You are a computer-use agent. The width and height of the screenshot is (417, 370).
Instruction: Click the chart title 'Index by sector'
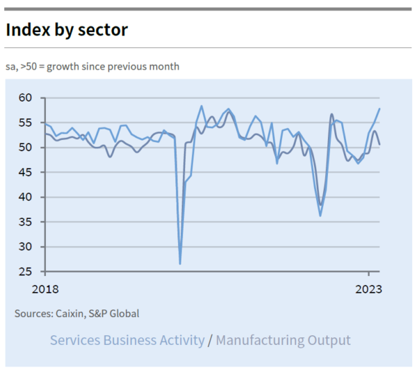(67, 30)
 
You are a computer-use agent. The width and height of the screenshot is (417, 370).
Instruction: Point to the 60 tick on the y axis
(25, 98)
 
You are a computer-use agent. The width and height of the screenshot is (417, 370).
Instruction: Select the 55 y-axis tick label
(25, 123)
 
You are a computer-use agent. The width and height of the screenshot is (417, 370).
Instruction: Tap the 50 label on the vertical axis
(25, 147)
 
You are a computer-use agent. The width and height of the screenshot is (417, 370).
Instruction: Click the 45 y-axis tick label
(25, 172)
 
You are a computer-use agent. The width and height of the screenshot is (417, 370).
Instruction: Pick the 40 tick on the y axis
(25, 198)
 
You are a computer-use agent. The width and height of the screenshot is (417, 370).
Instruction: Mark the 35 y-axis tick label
(25, 222)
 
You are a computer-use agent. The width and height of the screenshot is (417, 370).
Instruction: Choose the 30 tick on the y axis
(25, 247)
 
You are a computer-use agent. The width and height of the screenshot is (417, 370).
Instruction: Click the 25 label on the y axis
(25, 271)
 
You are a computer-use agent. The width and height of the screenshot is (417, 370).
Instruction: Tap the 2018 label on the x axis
(45, 289)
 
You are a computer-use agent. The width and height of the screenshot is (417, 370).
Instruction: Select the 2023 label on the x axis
(368, 289)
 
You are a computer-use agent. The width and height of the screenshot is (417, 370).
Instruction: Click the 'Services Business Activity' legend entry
(127, 340)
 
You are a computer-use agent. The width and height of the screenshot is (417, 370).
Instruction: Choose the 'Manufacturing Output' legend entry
(283, 340)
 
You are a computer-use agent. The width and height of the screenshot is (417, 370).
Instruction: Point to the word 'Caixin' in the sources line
(70, 314)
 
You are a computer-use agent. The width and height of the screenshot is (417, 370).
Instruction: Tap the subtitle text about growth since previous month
(92, 67)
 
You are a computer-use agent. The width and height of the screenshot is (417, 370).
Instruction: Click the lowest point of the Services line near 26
(180, 264)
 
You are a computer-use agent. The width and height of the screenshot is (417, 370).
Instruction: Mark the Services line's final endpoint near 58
(379, 108)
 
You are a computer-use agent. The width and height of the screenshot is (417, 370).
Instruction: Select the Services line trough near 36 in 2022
(320, 215)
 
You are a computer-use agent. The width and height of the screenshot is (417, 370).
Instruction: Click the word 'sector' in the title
(104, 30)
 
